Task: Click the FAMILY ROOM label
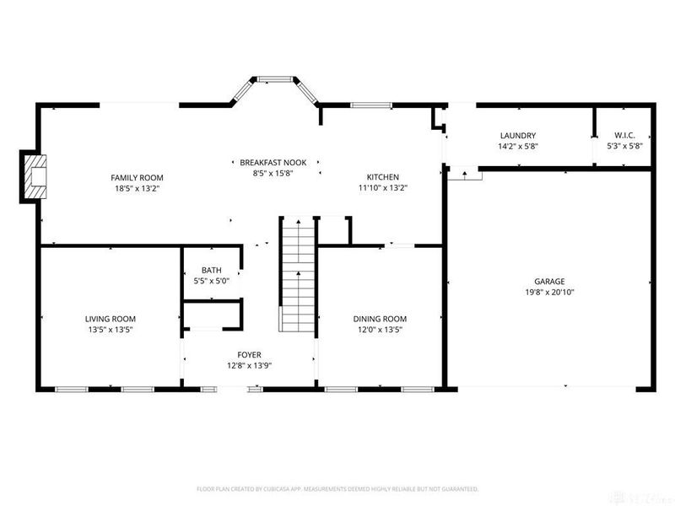coord(137,177)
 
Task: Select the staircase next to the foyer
coord(297,275)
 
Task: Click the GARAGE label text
coord(548,282)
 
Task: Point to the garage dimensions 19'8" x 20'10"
coord(548,292)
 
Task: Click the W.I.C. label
coord(625,136)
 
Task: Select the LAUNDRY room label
coord(517,136)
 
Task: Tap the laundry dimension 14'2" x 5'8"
coord(517,146)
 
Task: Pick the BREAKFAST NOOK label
coord(273,162)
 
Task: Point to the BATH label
coord(211,271)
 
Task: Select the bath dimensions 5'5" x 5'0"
coord(211,281)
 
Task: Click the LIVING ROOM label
coord(110,319)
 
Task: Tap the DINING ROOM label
coord(380,319)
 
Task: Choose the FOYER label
coord(249,355)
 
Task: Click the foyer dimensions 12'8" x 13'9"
coord(249,365)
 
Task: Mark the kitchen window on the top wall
coord(371,105)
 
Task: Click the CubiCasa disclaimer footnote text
coord(337,488)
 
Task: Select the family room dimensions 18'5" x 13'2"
coord(137,188)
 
